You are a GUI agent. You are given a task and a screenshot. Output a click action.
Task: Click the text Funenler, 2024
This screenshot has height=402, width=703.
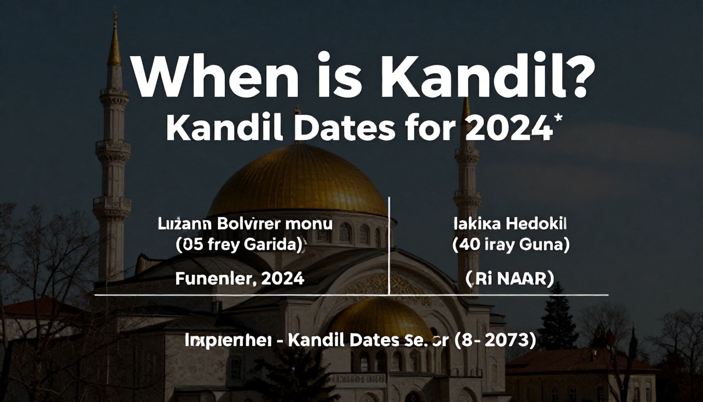239,279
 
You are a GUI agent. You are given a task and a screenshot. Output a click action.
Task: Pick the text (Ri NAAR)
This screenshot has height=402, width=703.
510,279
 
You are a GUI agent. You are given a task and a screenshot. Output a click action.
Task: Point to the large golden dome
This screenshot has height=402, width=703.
297,181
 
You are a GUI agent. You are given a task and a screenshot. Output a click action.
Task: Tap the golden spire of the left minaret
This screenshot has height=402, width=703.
114,43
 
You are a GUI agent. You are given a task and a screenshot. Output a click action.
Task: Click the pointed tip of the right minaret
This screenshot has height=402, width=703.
466,106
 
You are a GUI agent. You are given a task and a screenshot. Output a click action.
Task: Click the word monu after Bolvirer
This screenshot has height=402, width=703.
310,224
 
